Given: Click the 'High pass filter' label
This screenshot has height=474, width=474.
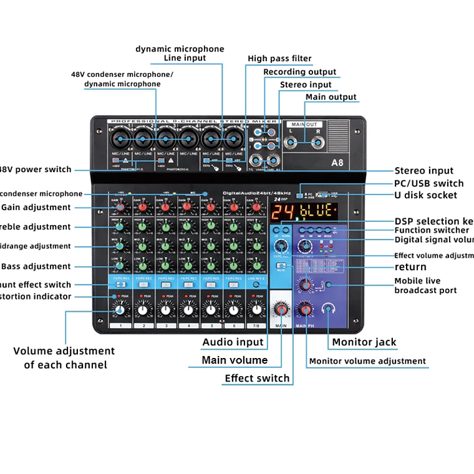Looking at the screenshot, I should pos(279,59).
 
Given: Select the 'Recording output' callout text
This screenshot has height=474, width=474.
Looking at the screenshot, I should pos(299,72).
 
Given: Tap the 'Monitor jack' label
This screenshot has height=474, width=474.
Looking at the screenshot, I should pos(364,342).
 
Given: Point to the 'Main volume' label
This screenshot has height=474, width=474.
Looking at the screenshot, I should pos(235,360).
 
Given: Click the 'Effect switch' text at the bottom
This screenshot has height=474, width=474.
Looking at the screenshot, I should pos(257,378).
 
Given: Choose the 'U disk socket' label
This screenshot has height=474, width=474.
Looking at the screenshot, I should pos(425,195).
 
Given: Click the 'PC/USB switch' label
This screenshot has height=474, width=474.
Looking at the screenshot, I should pos(428,183).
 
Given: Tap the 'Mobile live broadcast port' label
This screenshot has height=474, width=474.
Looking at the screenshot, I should pos(425,286).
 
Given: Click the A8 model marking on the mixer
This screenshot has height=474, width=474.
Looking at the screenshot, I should pos(337,163).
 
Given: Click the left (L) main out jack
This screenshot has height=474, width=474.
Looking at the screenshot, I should pos(291,143).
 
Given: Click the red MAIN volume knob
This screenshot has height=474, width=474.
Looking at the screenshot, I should pos(281,309).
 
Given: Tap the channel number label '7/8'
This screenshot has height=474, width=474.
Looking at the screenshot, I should pos(254,326).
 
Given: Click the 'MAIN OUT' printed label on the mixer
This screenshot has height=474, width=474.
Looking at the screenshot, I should pos(304,125).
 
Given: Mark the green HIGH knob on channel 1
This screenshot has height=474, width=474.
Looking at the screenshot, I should pos(120,226).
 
